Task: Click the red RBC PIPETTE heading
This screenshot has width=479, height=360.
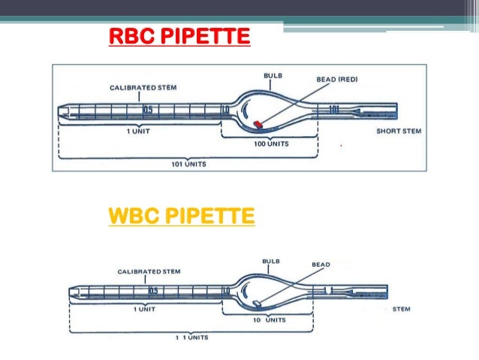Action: tap(179, 35)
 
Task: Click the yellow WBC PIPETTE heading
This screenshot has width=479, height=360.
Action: tap(182, 218)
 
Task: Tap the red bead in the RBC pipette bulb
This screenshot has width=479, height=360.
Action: tap(258, 123)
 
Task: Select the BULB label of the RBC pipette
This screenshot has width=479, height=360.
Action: tap(273, 76)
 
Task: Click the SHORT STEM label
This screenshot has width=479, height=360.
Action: tap(399, 130)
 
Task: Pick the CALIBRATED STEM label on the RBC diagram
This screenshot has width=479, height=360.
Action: tap(143, 87)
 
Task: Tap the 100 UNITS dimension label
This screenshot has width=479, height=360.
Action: tap(270, 142)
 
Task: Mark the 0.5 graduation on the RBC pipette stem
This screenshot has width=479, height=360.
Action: tap(149, 110)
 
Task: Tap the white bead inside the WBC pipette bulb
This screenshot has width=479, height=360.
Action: tap(256, 302)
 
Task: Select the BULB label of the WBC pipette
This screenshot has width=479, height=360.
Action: tap(271, 261)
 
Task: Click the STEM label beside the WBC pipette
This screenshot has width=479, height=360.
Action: tap(401, 309)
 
